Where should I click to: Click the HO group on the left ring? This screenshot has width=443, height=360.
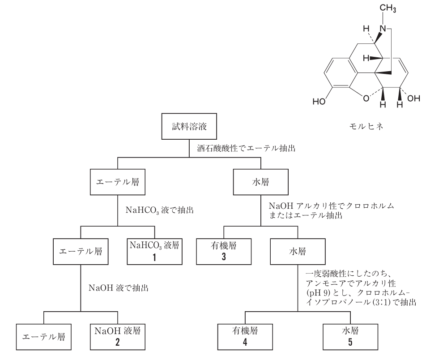[x=319, y=101]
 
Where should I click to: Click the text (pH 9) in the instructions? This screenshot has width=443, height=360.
[x=315, y=294]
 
